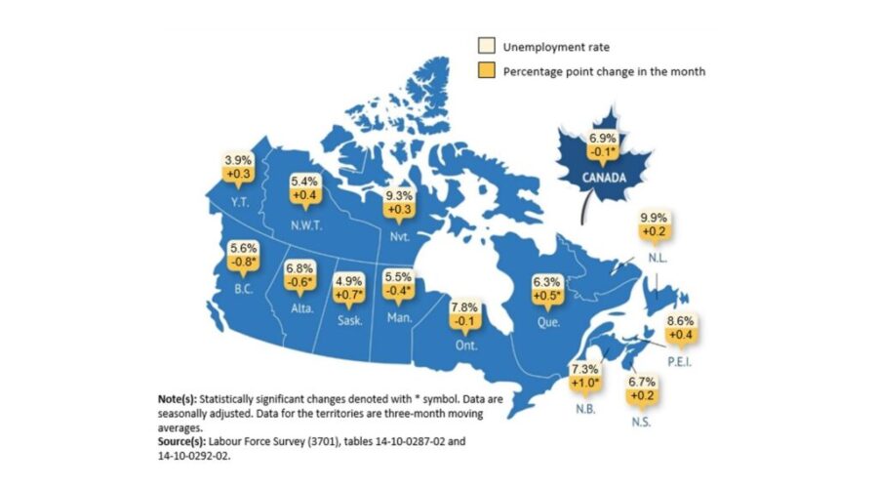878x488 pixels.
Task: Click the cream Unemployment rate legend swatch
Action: (483, 47)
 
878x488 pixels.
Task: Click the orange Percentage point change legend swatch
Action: (483, 70)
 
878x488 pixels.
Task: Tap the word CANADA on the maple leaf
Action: (594, 179)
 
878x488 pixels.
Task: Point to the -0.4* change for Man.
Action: (399, 291)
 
